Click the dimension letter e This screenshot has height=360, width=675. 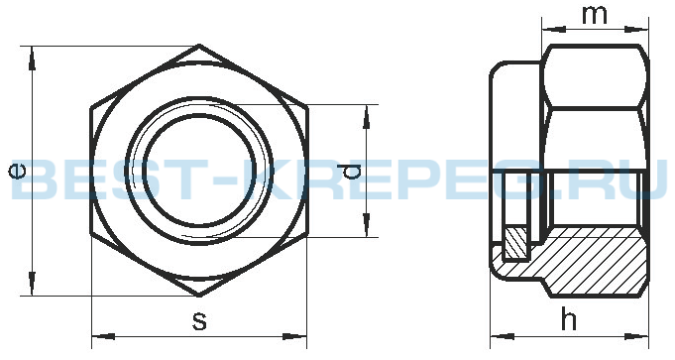click(x=18, y=171)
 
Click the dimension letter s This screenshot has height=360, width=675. click(x=199, y=321)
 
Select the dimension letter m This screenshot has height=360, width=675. click(x=595, y=16)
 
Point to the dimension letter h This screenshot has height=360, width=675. click(x=569, y=319)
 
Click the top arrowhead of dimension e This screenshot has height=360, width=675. click(x=32, y=58)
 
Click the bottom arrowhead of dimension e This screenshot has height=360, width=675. click(x=32, y=284)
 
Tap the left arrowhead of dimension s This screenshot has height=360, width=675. click(x=104, y=336)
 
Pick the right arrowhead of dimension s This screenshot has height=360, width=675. click(x=295, y=336)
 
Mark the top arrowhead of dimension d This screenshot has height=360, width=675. click(x=367, y=116)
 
